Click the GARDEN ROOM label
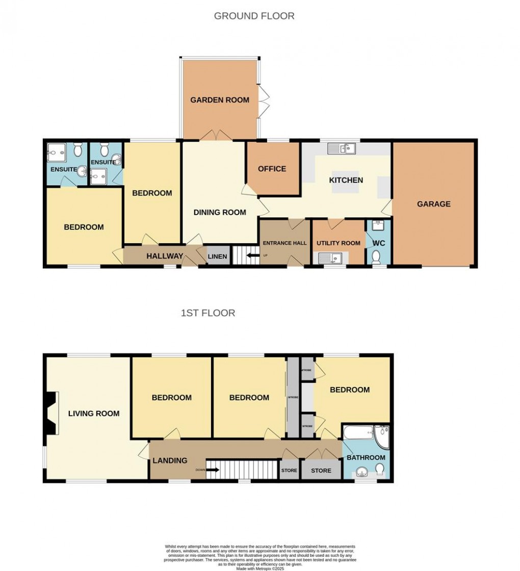(220, 100)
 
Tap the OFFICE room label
(272, 169)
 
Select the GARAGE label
(434, 204)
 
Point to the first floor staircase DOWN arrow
(213, 470)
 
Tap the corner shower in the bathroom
(381, 435)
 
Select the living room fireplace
(50, 413)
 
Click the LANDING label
(170, 460)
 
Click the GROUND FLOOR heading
(254, 16)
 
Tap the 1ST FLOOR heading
(208, 313)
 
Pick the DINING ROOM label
(220, 212)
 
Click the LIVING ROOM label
(94, 413)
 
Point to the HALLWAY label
(165, 256)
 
